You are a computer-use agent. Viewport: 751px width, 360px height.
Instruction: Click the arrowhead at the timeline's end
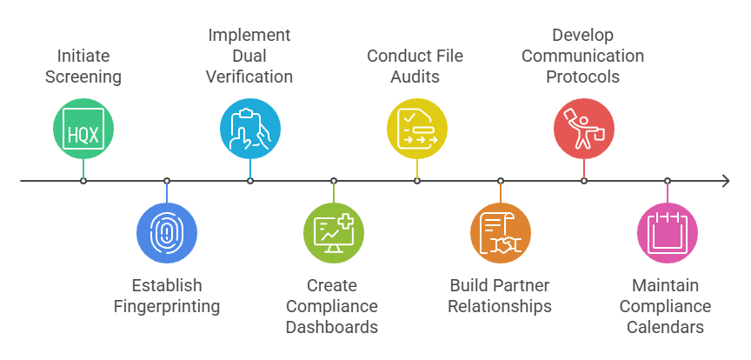tap(724, 181)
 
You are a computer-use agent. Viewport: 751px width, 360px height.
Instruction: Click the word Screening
tap(83, 77)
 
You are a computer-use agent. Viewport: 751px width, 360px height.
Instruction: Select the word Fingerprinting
tap(167, 306)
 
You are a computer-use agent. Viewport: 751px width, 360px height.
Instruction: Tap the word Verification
tap(249, 77)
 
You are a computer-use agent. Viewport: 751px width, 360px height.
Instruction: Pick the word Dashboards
tap(334, 327)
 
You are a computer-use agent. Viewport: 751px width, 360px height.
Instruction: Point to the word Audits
tap(417, 77)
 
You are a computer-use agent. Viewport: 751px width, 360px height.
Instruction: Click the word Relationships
tap(501, 306)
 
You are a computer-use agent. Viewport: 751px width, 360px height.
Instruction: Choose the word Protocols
tap(583, 77)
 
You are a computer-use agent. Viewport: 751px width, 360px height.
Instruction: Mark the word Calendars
tap(668, 327)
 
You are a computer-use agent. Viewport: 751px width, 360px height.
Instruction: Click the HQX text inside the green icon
tap(83, 134)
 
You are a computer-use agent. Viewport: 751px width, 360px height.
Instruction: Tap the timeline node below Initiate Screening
tap(83, 181)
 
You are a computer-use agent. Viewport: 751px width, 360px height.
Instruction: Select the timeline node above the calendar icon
tap(668, 181)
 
